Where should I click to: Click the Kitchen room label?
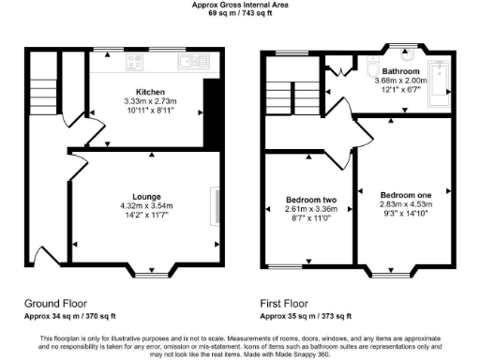pyautogui.click(x=151, y=92)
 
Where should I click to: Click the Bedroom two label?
pyautogui.click(x=309, y=199)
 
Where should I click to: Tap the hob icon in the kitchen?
pyautogui.click(x=134, y=63)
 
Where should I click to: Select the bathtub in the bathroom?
pyautogui.click(x=438, y=78)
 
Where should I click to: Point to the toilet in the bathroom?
pyautogui.click(x=372, y=69)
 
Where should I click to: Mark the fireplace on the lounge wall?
pyautogui.click(x=218, y=206)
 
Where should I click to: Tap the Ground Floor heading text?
pyautogui.click(x=56, y=304)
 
